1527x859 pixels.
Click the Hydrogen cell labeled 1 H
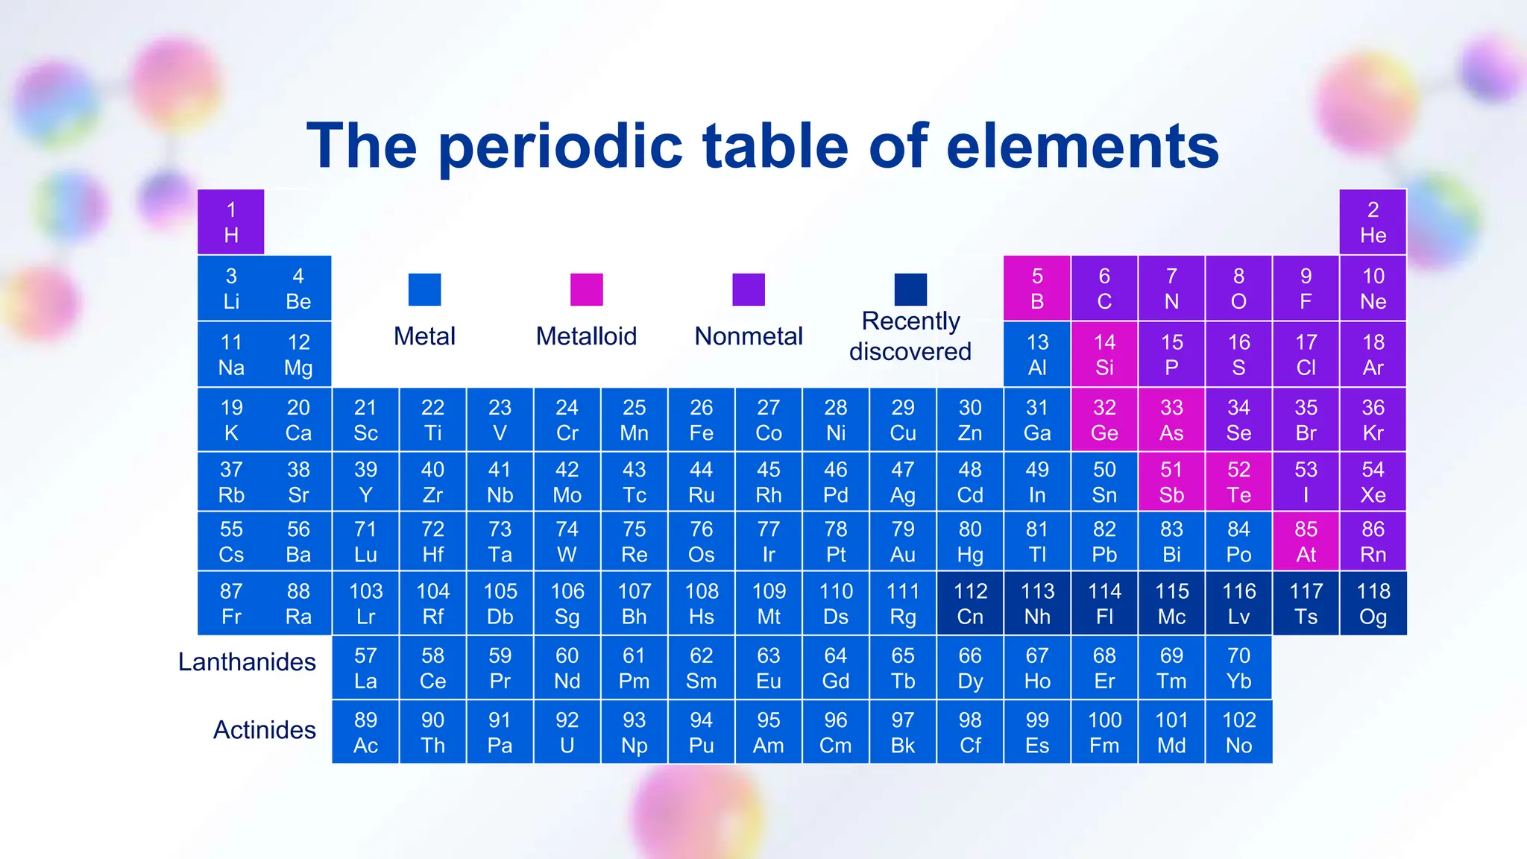click(x=231, y=222)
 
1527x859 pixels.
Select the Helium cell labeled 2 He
click(x=1373, y=222)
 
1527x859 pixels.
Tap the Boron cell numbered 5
click(x=1037, y=289)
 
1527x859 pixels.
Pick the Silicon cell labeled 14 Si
click(x=1104, y=354)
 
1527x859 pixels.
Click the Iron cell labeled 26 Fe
click(x=701, y=420)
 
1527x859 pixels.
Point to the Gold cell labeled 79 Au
click(x=903, y=541)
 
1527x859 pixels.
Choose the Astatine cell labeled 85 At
click(x=1306, y=541)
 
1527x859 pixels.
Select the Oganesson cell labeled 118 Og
click(x=1373, y=603)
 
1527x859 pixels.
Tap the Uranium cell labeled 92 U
click(x=567, y=732)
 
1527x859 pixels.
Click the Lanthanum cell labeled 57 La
click(x=365, y=668)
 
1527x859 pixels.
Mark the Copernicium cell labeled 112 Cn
click(x=970, y=603)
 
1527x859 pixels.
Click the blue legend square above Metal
click(x=424, y=289)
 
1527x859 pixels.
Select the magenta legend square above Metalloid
click(x=586, y=289)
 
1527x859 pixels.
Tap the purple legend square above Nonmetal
click(x=749, y=289)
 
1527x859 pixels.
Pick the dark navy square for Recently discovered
click(x=910, y=289)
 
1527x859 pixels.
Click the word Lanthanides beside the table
click(x=247, y=662)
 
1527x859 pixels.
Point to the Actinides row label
click(x=265, y=730)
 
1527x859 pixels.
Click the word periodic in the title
click(x=560, y=147)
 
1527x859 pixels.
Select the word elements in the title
click(x=1082, y=147)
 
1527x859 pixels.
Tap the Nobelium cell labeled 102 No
click(x=1238, y=732)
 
